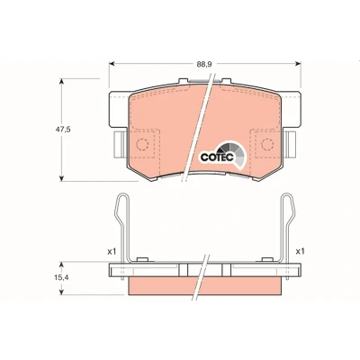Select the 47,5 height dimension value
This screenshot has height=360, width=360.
(63, 130)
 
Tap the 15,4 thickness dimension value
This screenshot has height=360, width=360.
(61, 278)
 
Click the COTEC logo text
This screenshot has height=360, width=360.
(217, 157)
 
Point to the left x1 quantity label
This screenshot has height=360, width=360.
(112, 252)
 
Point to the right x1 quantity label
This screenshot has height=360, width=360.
(300, 252)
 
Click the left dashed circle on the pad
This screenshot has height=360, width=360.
(142, 144)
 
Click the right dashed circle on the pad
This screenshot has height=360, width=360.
(267, 144)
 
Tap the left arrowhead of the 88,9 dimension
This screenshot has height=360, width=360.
(112, 64)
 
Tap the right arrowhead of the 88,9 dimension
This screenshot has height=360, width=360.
(298, 64)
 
